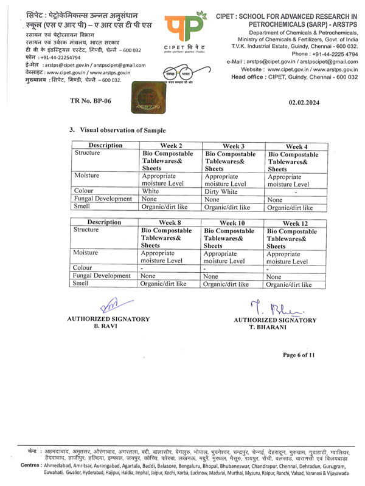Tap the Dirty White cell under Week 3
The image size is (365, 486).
223,190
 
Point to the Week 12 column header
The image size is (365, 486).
296,223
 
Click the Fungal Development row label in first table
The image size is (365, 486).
103,199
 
